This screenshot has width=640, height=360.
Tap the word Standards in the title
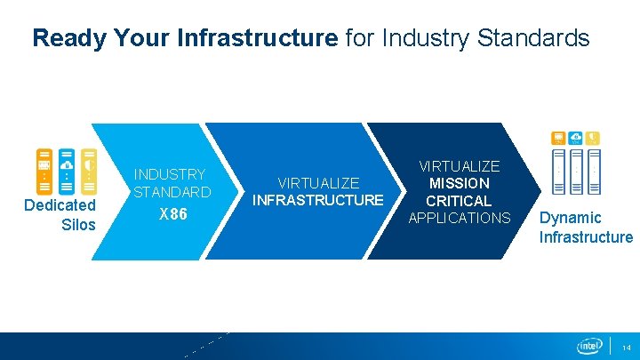539,37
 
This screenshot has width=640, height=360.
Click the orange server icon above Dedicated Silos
44,170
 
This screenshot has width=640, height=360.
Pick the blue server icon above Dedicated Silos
67,170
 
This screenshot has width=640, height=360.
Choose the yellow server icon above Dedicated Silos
89,170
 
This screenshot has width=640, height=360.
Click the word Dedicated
60,205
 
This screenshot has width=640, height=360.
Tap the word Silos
77,224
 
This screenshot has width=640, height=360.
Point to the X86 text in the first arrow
172,214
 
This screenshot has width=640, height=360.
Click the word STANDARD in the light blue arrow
172,192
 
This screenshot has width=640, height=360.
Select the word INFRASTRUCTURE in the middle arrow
317,200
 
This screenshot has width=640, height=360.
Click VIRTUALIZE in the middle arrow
317,183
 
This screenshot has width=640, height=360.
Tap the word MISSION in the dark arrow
459,183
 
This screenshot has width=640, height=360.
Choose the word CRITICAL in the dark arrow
459,201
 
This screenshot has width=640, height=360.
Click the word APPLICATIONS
459,218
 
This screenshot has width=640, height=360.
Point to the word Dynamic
571,218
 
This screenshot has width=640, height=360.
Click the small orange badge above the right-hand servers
558,138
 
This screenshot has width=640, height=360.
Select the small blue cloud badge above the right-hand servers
575,138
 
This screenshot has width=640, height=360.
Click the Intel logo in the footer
589,346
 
